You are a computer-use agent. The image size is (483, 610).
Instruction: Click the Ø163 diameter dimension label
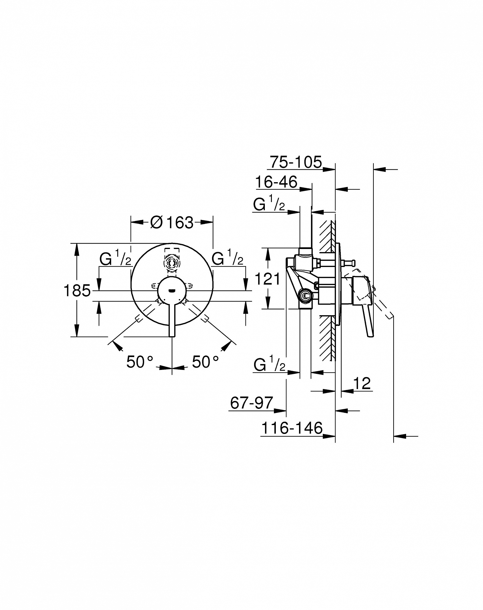(x=172, y=223)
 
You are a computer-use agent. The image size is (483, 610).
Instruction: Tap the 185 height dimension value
(x=77, y=291)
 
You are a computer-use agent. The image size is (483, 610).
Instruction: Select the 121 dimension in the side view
(x=267, y=279)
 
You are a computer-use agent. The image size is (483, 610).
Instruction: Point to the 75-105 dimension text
(x=296, y=162)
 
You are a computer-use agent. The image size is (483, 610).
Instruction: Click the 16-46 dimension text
(x=276, y=182)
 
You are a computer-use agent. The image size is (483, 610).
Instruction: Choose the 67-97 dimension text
(x=251, y=403)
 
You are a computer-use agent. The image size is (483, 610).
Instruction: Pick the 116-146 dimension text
(x=292, y=428)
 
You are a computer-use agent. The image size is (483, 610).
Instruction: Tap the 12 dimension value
(x=362, y=383)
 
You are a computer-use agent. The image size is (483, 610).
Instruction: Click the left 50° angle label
(x=139, y=362)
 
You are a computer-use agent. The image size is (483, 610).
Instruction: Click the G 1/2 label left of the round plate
(x=115, y=258)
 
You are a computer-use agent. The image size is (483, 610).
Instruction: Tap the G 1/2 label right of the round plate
(x=228, y=258)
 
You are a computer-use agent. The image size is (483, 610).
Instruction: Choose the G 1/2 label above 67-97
(x=269, y=364)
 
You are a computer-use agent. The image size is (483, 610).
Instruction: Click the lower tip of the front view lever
(x=172, y=337)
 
